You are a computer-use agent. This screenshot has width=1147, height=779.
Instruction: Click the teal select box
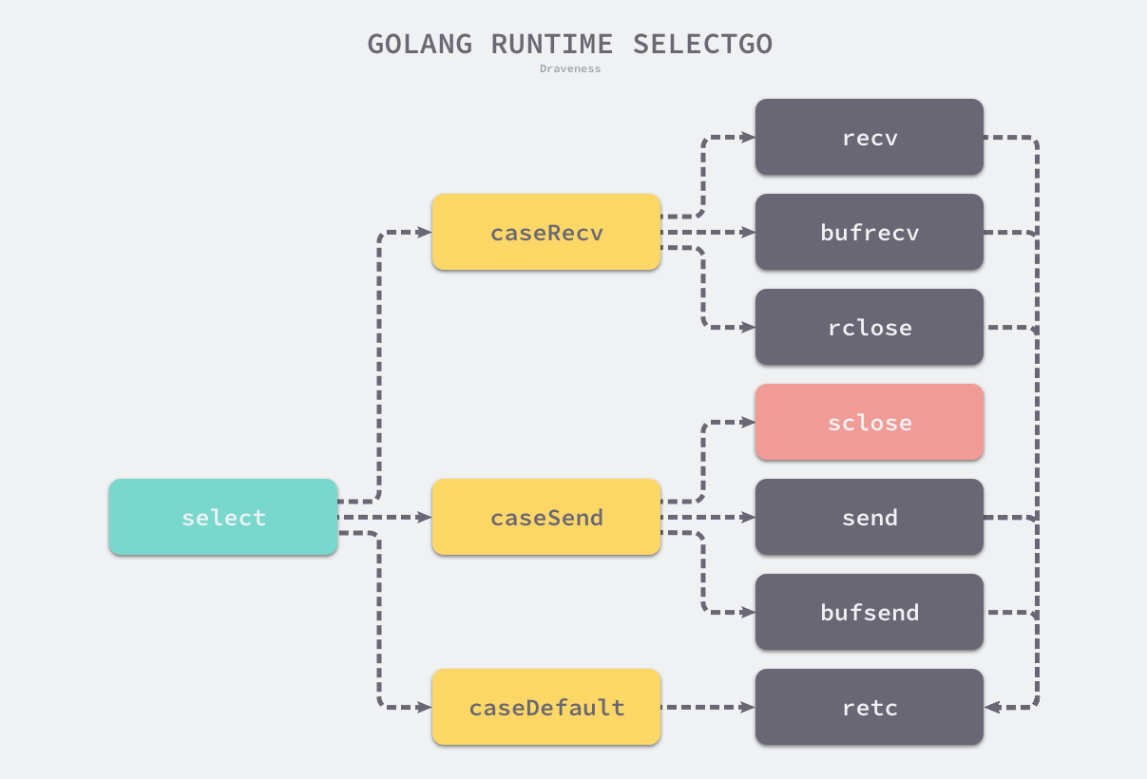pos(223,517)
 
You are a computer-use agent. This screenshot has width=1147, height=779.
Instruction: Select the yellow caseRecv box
pos(546,232)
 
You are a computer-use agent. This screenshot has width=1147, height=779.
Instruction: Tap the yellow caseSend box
pos(546,517)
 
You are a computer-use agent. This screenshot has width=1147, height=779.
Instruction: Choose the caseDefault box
pos(546,707)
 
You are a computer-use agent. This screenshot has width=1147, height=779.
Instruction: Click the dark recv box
pos(870,137)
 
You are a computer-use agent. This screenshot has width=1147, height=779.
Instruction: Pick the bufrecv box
pos(870,232)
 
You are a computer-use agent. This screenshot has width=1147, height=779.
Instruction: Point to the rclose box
pos(870,327)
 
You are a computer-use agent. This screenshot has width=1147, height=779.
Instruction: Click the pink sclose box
pos(870,422)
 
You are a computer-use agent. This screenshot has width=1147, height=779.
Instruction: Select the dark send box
pos(870,517)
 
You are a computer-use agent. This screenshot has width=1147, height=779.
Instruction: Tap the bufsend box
pos(870,612)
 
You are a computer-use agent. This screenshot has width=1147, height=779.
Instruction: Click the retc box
pos(870,707)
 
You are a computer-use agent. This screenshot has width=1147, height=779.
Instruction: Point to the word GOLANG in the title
pos(419,44)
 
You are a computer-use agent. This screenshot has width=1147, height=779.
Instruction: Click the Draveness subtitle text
pos(570,68)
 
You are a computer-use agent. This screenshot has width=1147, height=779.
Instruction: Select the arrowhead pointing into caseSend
pos(425,517)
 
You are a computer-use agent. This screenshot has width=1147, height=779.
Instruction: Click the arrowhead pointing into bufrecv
pos(748,232)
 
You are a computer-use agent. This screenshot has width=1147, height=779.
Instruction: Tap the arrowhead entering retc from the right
pos(992,707)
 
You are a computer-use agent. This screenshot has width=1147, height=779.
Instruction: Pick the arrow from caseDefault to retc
pos(707,707)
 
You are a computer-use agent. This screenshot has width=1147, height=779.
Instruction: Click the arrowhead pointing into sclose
pos(748,422)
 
